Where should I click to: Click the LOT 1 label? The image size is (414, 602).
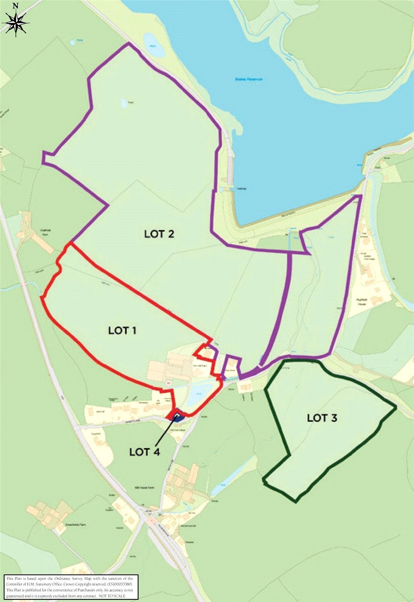click(122, 330)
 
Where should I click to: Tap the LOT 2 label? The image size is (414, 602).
click(159, 234)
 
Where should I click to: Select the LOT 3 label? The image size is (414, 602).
click(322, 418)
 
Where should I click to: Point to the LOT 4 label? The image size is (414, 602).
click(145, 452)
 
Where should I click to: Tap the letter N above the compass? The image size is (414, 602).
click(15, 6)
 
